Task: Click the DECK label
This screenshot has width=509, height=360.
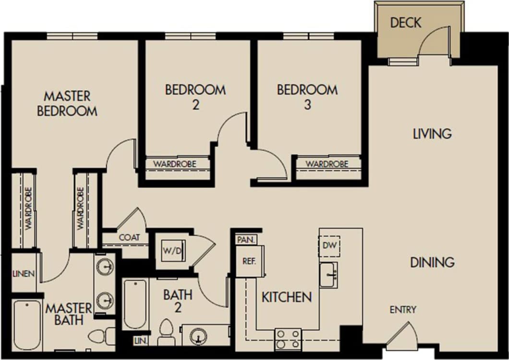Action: [x=405, y=23]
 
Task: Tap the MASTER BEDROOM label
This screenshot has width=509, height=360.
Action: [x=67, y=103]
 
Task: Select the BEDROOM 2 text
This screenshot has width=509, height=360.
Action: [x=195, y=97]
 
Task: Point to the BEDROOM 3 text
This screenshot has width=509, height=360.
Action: [x=307, y=97]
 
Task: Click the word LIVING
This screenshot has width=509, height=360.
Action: [x=432, y=134]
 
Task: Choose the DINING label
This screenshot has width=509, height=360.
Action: [x=432, y=262]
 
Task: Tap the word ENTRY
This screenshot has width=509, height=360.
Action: [x=403, y=310]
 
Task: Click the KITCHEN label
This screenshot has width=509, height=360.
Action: [x=286, y=297]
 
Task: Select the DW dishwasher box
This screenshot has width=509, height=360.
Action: [x=329, y=246]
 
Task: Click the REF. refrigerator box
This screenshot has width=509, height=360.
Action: [x=249, y=261]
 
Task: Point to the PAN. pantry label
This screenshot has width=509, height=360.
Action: [x=246, y=239]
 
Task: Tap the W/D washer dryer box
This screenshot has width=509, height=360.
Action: [x=173, y=250]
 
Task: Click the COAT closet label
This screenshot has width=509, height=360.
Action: [x=129, y=237]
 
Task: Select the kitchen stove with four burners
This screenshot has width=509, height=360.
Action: [x=288, y=339]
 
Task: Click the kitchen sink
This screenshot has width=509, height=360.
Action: [x=328, y=275]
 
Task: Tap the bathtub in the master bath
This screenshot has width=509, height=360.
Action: [x=27, y=325]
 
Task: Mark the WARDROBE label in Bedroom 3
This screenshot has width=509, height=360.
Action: [x=327, y=164]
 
